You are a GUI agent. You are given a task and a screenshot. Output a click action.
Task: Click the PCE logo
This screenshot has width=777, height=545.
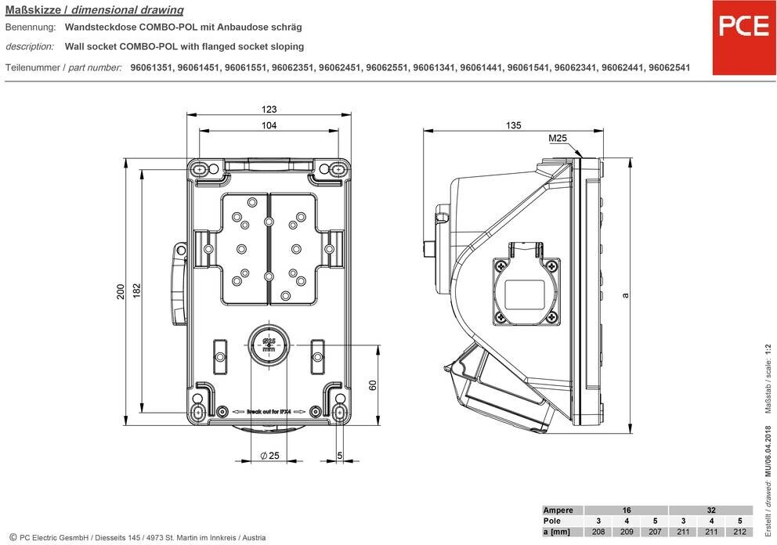743,27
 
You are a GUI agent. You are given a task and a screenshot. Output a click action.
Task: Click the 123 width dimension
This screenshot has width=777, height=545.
269,110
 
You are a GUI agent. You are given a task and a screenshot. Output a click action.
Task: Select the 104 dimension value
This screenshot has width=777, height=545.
269,126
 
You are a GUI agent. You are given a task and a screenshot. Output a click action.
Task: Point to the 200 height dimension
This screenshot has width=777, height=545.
121,291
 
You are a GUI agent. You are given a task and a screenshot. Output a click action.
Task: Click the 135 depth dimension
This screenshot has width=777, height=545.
514,125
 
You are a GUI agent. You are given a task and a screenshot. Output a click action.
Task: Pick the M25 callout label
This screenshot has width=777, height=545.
558,139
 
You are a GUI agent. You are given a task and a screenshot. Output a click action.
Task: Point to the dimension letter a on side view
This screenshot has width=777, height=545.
624,295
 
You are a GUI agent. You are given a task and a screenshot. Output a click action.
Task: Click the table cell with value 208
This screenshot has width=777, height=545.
598,532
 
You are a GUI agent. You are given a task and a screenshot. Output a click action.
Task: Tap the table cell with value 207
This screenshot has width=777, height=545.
654,532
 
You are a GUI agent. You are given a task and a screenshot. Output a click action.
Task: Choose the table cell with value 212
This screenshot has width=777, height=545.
739,532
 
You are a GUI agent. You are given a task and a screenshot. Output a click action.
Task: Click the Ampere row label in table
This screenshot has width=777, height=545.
558,510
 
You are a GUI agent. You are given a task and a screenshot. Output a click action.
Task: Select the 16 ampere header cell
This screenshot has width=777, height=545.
626,510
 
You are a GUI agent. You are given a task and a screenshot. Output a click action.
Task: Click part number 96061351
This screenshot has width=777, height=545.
153,68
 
